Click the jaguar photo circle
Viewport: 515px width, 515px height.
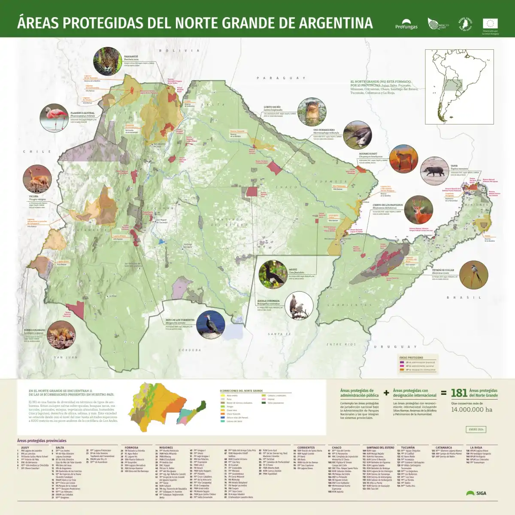pos(107,61)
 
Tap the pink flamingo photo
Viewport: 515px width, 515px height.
pos(54,118)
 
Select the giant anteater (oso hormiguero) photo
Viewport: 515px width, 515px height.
pos(357,135)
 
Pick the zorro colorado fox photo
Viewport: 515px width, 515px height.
pos(61,335)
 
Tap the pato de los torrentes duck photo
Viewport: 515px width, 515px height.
pos(211,324)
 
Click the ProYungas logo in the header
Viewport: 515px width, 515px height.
pos(406,24)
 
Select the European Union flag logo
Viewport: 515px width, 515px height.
pos(490,24)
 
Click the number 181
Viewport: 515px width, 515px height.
pos(459,393)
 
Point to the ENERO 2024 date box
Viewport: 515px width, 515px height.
pos(476,429)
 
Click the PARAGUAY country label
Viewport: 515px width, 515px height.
pos(281,78)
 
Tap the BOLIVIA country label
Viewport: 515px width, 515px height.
pos(179,51)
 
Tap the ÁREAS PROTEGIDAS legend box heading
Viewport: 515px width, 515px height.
pos(411,357)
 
